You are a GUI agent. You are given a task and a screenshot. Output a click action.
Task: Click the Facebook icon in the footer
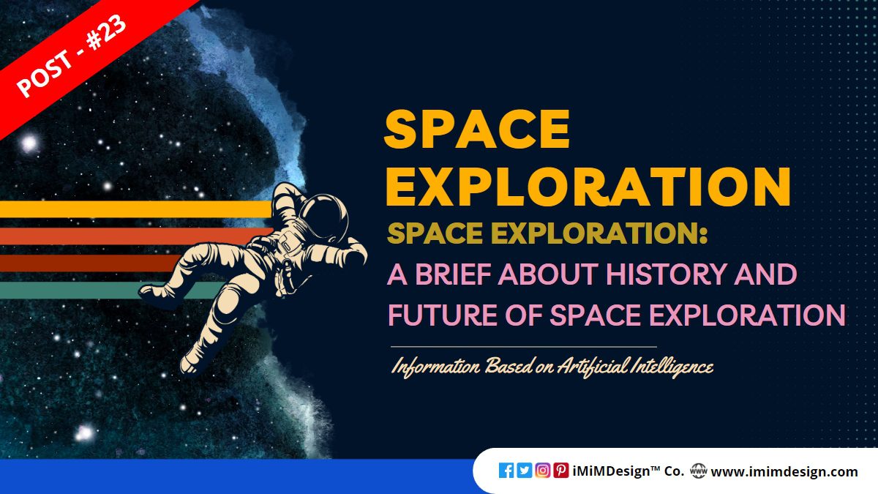(x=506, y=471)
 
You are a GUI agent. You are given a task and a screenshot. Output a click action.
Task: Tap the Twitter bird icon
(x=525, y=471)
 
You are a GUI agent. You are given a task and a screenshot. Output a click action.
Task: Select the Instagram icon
(x=543, y=471)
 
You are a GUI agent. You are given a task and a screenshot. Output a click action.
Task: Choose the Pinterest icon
(x=561, y=471)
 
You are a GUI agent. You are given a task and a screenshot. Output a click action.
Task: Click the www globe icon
(x=698, y=471)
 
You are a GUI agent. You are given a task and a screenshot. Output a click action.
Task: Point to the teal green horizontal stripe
(x=73, y=291)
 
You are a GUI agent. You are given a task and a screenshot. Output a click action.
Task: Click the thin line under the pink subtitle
(x=523, y=346)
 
